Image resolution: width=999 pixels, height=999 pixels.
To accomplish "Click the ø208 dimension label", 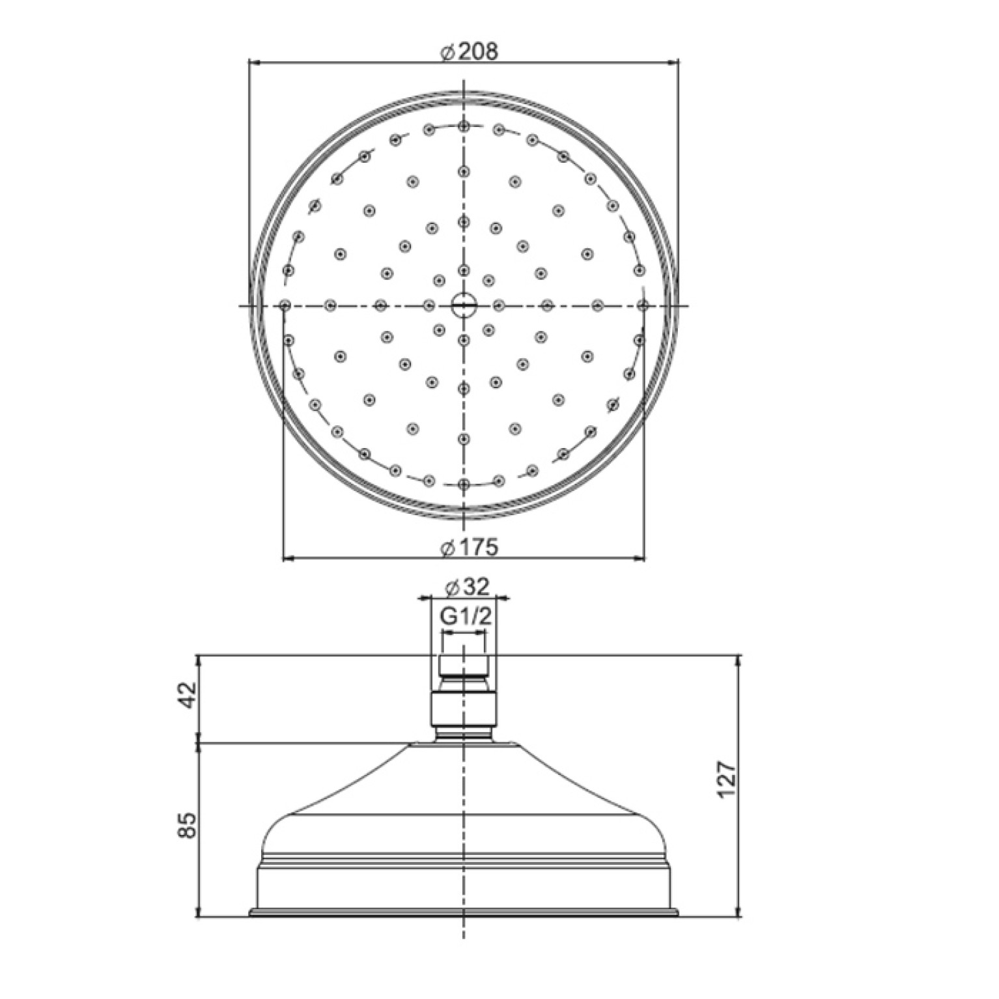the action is (x=468, y=51).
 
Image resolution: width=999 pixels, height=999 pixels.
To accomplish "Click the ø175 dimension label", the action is (x=468, y=547).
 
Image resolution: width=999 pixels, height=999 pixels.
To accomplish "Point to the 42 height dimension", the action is (x=187, y=696).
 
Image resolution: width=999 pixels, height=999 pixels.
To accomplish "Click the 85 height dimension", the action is (x=187, y=826).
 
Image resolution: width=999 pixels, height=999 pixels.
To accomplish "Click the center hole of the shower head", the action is (x=463, y=305).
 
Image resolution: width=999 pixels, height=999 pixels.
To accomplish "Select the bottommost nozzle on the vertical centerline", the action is (x=463, y=484).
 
